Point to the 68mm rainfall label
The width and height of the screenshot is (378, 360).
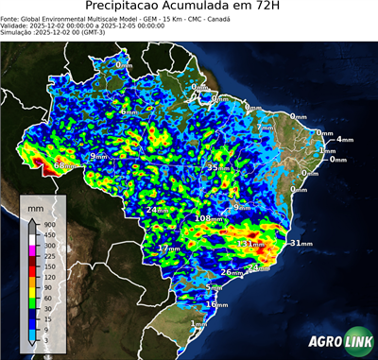(63, 165)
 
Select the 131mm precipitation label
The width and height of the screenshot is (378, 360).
(250, 244)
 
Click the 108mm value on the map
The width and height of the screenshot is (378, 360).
(209, 218)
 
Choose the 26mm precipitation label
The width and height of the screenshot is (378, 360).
(232, 273)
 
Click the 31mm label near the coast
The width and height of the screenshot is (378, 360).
(301, 244)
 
